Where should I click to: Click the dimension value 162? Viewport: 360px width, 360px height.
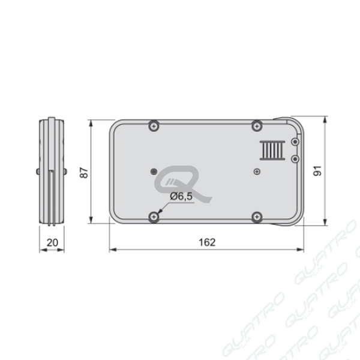tap(207, 242)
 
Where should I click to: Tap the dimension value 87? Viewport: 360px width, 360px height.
tap(84, 173)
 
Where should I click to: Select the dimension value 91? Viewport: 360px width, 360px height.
tap(317, 170)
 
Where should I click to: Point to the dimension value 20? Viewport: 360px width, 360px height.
tap(52, 242)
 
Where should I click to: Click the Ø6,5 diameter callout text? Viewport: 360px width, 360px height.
tap(181, 196)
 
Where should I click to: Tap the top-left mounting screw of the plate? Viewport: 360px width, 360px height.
tap(154, 126)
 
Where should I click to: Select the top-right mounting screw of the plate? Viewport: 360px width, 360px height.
tap(257, 126)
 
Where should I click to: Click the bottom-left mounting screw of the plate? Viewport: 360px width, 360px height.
tap(154, 217)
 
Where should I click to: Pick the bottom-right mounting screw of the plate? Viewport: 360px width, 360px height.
tap(257, 217)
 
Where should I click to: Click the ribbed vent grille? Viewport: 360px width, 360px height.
tap(272, 150)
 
